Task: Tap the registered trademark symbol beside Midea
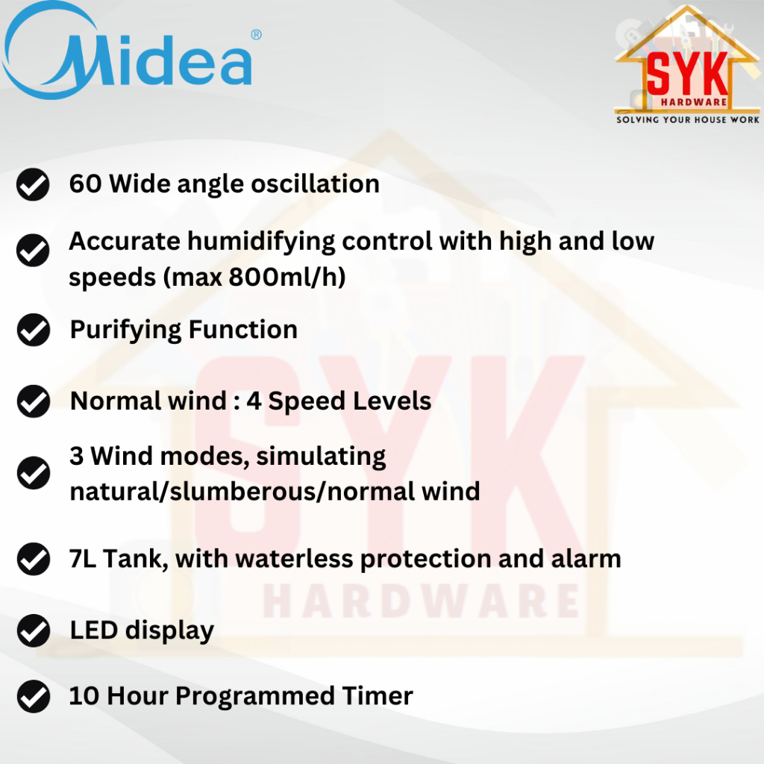tap(257, 34)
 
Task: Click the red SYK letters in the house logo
tap(687, 73)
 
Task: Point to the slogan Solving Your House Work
tap(687, 119)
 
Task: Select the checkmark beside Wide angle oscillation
tap(33, 184)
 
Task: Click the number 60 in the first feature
tap(85, 184)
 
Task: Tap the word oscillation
tap(315, 184)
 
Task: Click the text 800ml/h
tap(287, 277)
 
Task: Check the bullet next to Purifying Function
tap(33, 330)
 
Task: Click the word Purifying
tap(125, 331)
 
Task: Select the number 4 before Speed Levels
tap(254, 401)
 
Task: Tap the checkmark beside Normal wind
tap(33, 401)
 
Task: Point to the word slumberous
tap(242, 491)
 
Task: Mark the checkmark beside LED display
tap(33, 630)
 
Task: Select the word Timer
tap(377, 695)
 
